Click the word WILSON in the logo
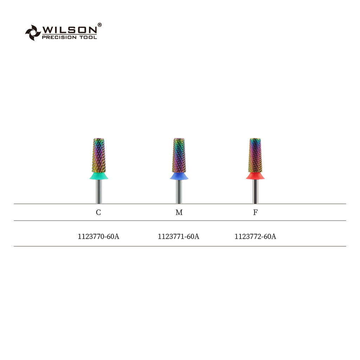point(70,30)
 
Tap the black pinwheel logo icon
point(33,33)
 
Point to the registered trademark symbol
point(99,25)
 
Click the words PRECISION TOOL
point(69,37)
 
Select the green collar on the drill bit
point(99,176)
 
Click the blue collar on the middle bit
point(179,176)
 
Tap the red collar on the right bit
point(255,176)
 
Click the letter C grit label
point(98,212)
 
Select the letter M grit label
point(179,212)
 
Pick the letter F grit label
point(255,212)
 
